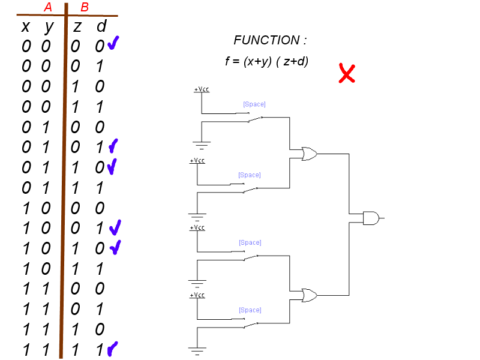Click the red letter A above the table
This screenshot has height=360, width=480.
[48, 7]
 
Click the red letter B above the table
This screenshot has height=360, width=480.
[85, 7]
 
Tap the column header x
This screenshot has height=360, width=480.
[26, 27]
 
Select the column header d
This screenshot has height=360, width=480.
[101, 26]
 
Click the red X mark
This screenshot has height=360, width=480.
[347, 73]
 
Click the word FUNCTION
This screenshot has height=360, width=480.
[266, 40]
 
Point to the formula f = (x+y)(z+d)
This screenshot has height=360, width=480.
[266, 61]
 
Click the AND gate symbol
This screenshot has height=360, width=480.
[371, 218]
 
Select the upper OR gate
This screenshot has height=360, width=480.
[309, 154]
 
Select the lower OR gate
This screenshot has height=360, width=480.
[309, 295]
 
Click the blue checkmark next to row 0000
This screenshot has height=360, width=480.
[113, 43]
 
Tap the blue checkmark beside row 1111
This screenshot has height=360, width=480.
[112, 349]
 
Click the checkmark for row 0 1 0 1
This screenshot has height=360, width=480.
[113, 146]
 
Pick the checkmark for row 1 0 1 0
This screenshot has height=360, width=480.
[115, 247]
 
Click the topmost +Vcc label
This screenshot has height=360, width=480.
[202, 89]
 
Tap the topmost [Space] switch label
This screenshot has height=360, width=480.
[254, 104]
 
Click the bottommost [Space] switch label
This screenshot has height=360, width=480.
[250, 310]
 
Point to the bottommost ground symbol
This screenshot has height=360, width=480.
[197, 351]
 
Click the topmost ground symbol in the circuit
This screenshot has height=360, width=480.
[202, 145]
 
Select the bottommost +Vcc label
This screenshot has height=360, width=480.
[197, 295]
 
